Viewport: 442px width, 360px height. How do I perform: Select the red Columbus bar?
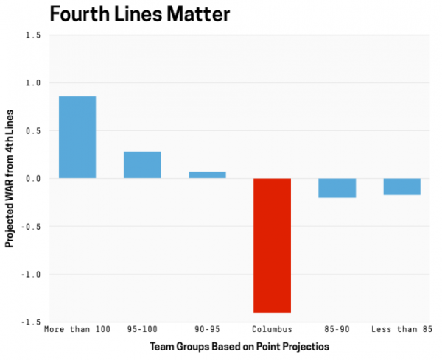click(273, 245)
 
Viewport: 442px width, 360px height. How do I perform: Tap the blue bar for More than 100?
click(77, 138)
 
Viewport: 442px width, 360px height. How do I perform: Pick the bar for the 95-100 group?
click(142, 165)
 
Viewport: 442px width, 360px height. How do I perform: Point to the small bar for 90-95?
click(207, 175)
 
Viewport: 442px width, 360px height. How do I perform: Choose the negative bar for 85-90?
click(337, 188)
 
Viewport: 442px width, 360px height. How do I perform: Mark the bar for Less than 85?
click(401, 186)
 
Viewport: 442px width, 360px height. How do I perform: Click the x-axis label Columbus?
click(273, 328)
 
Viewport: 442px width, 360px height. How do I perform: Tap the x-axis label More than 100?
click(77, 328)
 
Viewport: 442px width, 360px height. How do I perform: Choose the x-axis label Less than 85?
click(401, 328)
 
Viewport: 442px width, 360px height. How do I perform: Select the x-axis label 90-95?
click(207, 328)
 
